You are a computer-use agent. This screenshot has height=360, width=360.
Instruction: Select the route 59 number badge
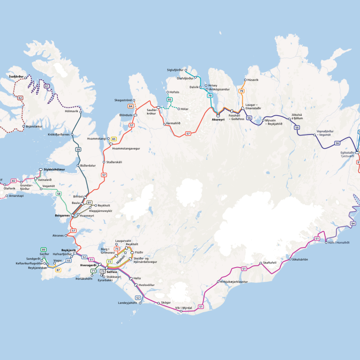point(78,150)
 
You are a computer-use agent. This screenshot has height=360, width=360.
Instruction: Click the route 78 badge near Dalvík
point(210,96)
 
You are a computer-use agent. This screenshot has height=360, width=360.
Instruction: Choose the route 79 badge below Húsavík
point(241,91)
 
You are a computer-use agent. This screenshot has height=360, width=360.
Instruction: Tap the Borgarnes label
point(62,216)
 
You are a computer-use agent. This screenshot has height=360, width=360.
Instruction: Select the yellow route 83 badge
point(114,139)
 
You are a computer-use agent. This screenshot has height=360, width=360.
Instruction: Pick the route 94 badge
point(353,224)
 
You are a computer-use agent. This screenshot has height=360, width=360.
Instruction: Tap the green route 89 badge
point(44,249)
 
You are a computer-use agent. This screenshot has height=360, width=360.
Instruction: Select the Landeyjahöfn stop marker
point(140,303)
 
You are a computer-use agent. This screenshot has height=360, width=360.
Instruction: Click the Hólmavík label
point(71,112)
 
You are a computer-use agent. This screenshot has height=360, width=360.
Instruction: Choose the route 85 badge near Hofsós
point(170,100)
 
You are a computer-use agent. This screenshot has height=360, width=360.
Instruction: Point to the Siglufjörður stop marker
point(186,70)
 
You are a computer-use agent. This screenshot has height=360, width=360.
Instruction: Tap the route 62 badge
point(20,98)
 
